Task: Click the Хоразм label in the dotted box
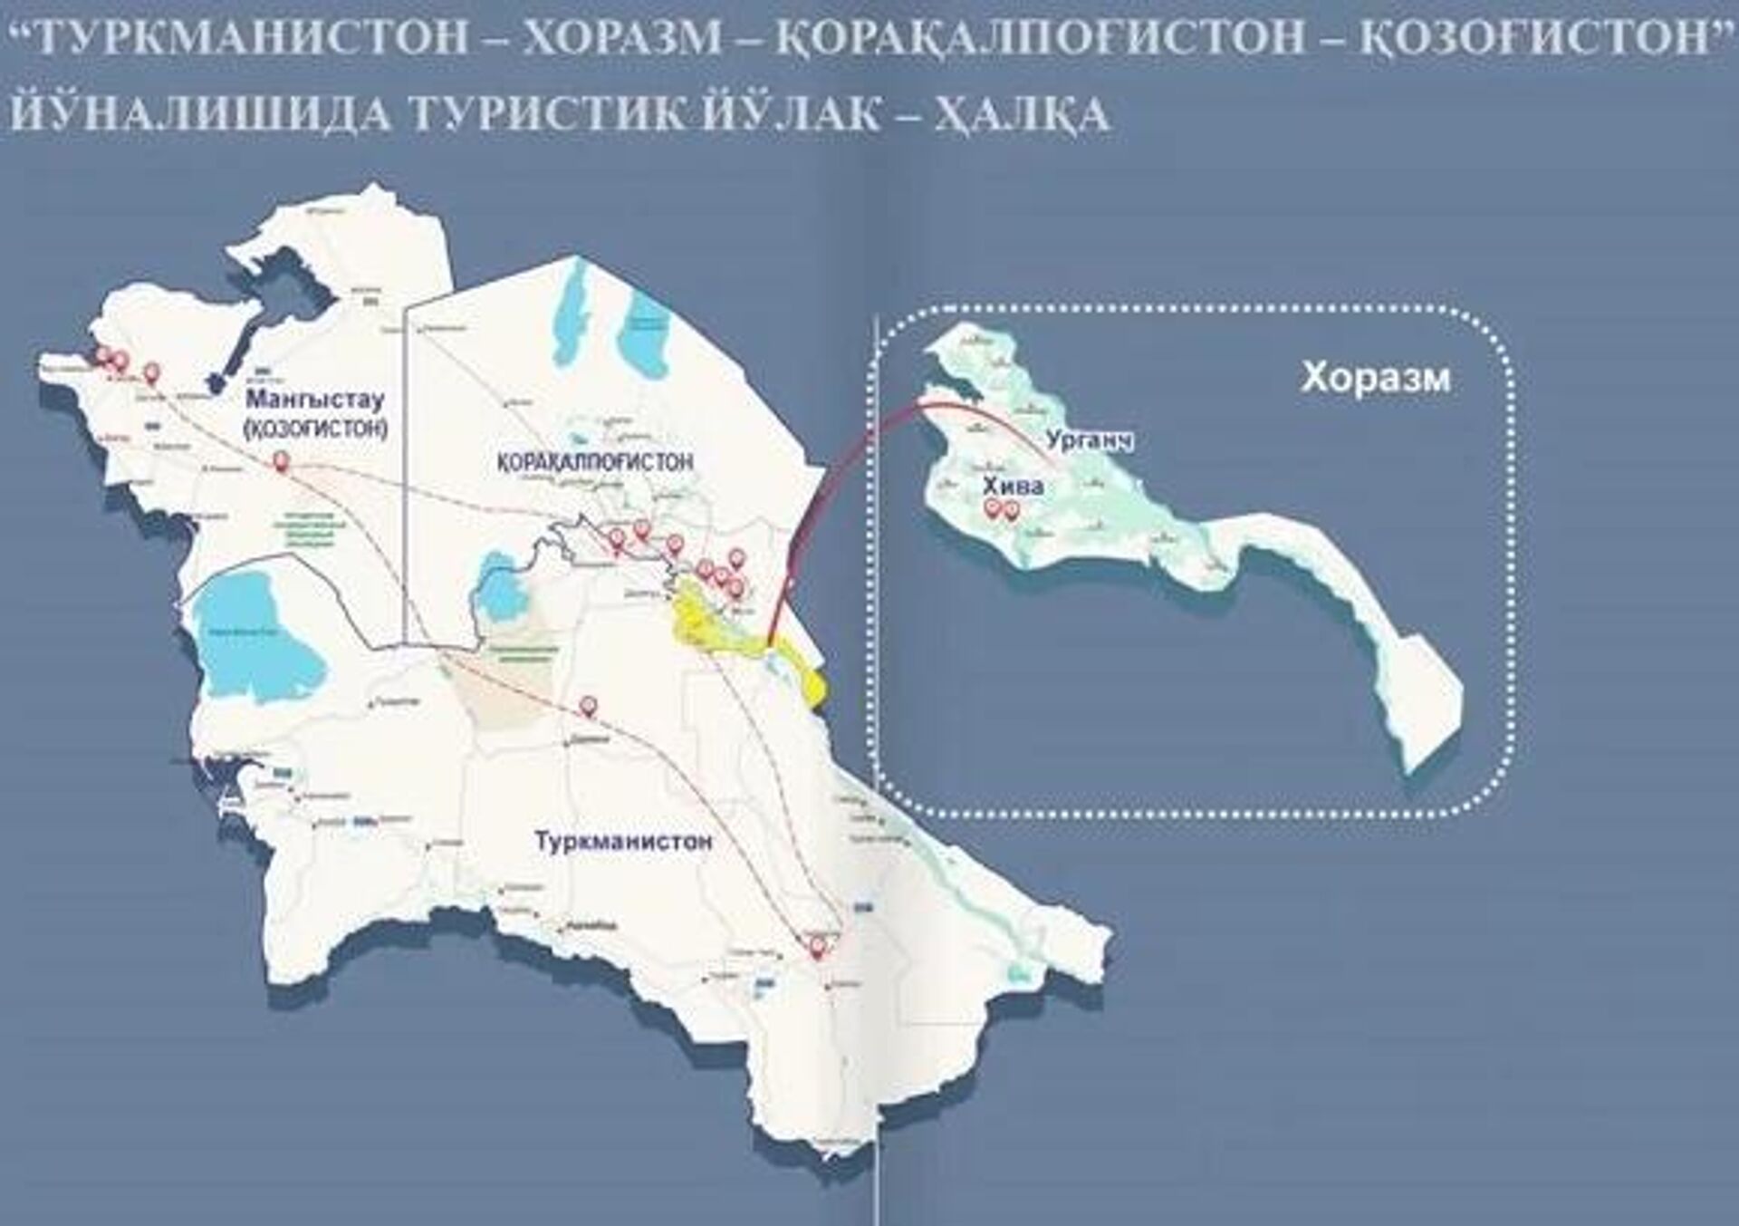click(x=1375, y=378)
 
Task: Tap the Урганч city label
click(x=1090, y=441)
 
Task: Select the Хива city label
click(x=1014, y=487)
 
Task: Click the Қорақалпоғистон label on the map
click(x=595, y=462)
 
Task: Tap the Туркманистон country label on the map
click(x=623, y=841)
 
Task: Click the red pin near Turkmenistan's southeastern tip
click(x=818, y=949)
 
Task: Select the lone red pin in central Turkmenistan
click(x=589, y=706)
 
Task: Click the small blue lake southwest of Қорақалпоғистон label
click(x=497, y=584)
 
